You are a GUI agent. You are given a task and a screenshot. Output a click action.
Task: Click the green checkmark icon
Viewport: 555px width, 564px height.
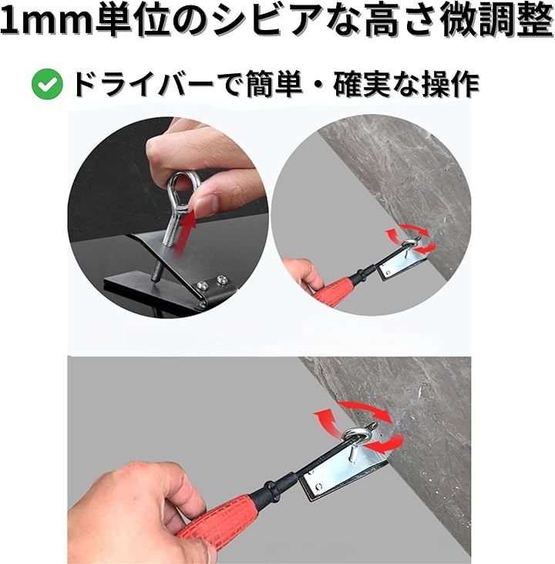47,84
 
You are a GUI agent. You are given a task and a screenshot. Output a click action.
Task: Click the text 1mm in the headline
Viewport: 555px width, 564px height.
47,21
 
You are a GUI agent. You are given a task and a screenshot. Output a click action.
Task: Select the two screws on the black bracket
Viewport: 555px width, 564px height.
211,282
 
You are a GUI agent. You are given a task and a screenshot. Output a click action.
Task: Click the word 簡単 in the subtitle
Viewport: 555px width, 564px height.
274,85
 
